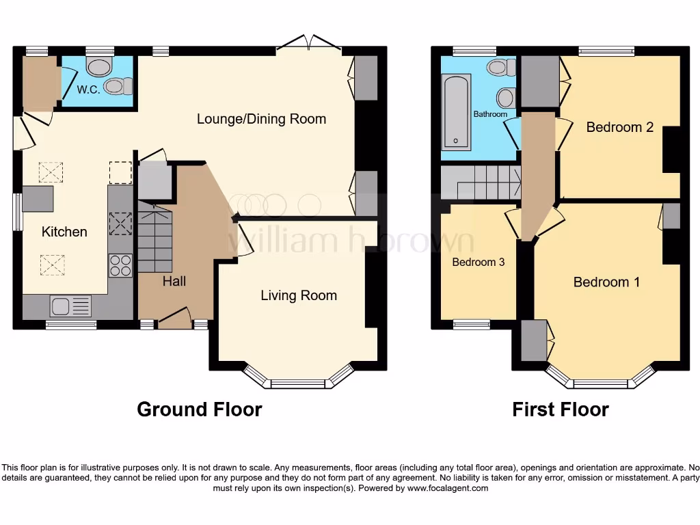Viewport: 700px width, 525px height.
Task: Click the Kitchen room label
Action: tap(64, 232)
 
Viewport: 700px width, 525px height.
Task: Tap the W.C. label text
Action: tap(88, 90)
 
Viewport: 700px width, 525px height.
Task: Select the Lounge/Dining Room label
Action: tap(261, 119)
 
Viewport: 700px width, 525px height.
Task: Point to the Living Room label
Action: tap(299, 295)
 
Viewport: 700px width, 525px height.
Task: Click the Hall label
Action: tap(174, 280)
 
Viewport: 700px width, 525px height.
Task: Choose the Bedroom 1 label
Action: tap(606, 282)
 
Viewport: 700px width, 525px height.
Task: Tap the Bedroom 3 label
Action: tap(479, 262)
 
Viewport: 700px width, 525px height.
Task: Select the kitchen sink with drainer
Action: tap(70, 306)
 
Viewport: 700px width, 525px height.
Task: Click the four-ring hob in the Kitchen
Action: tap(120, 265)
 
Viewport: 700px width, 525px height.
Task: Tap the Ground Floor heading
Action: tap(199, 409)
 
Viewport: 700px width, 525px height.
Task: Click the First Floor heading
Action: tap(561, 409)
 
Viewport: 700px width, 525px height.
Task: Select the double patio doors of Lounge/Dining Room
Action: tap(309, 45)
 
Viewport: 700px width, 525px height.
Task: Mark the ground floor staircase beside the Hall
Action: tap(155, 237)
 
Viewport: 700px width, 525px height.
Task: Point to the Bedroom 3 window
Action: tap(472, 325)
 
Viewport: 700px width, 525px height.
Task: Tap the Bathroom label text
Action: tap(491, 114)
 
